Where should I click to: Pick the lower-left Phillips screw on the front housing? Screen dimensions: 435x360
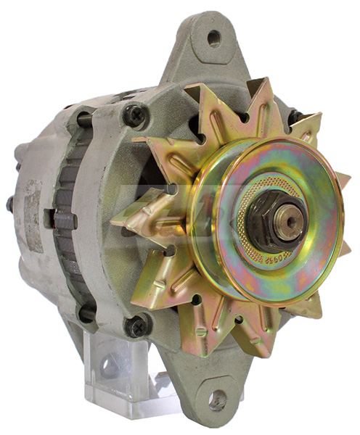pos(137,326)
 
